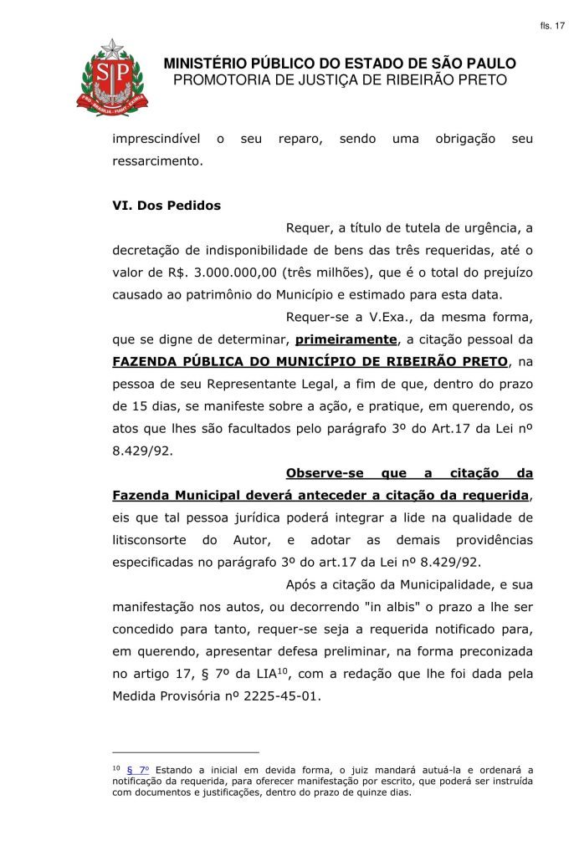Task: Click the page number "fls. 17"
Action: pos(553,26)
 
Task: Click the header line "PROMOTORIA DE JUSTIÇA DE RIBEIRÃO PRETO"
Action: pos(340,80)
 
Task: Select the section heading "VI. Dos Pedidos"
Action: pos(167,206)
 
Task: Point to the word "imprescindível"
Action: pos(156,138)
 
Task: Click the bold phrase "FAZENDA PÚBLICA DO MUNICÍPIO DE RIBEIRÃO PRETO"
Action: pos(310,362)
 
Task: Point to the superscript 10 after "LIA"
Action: pos(283,669)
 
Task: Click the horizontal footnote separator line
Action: pos(186,752)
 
